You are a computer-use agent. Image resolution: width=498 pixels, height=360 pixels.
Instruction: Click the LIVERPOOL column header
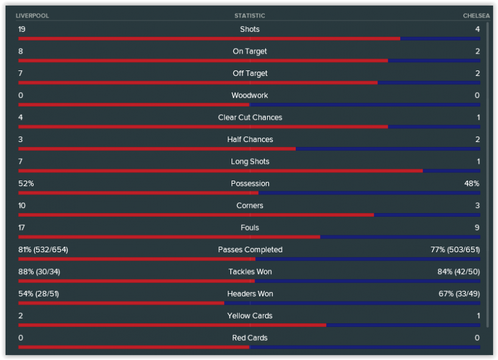coord(32,16)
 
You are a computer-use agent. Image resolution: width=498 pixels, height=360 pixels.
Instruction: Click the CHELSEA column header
coord(476,16)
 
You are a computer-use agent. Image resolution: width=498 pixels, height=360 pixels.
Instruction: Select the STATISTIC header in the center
coord(250,16)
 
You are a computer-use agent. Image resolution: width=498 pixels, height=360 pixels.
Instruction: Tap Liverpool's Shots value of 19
coord(22,29)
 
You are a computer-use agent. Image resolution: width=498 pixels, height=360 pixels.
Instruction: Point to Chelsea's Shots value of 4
coord(477,29)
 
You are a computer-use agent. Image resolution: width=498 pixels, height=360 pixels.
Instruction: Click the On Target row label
coord(250,52)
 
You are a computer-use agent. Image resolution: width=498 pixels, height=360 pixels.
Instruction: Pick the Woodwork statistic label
coord(250,95)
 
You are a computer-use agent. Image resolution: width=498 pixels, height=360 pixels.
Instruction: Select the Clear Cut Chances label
coord(250,118)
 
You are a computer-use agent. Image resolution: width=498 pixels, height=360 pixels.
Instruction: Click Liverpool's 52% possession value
coord(26,184)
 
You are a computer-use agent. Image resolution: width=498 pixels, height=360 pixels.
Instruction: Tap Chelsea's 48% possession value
coord(471,184)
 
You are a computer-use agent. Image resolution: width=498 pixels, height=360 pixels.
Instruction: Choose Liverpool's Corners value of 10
coord(22,206)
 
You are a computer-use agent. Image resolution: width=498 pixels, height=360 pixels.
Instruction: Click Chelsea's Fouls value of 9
coord(477,228)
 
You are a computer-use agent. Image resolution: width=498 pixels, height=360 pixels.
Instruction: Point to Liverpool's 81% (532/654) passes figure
coord(43,250)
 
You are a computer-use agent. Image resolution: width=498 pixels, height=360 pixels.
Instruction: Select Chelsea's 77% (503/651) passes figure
coord(455,250)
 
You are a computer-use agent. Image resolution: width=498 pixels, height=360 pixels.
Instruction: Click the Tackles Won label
coord(250,272)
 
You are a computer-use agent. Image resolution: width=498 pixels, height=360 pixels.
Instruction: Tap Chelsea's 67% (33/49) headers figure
coord(459,294)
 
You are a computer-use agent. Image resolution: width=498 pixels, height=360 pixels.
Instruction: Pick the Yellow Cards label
coord(250,316)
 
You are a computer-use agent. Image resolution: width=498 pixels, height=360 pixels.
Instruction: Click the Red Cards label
coord(250,338)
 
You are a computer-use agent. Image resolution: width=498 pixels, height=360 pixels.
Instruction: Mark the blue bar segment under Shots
coord(440,39)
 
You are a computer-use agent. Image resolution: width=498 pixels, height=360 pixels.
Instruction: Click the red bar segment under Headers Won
coord(121,303)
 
